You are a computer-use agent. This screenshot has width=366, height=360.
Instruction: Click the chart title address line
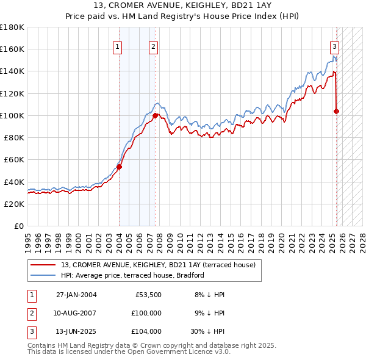pos(182,7)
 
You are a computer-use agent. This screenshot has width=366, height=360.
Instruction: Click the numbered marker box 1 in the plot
pos(117,46)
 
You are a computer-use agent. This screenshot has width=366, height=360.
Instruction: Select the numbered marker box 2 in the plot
pos(153,46)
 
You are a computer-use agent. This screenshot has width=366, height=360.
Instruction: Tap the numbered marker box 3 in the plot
pos(335,46)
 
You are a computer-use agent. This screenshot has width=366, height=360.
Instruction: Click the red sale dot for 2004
pos(120,167)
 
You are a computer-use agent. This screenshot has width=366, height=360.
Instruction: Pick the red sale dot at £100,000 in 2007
pos(156,115)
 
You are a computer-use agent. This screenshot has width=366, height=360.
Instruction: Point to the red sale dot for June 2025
pos(336,111)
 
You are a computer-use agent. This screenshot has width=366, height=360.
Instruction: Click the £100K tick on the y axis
pos(12,115)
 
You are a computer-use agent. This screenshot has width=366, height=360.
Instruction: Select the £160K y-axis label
pos(12,49)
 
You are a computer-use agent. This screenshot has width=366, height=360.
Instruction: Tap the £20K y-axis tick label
pos(15,204)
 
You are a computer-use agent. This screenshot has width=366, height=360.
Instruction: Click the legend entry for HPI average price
pos(132,275)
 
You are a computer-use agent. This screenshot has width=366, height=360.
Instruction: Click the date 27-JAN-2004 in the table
pos(76,295)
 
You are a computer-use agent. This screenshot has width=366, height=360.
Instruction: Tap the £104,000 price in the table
pos(146,332)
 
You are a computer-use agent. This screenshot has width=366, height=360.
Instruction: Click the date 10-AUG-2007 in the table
pos(76,313)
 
